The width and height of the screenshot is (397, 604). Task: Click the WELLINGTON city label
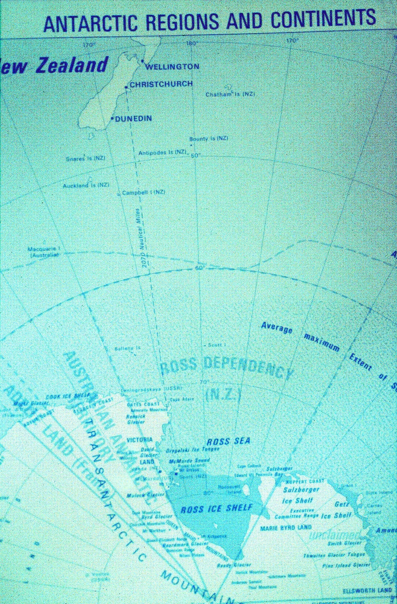click(172, 67)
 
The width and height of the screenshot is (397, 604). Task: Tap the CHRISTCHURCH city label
click(161, 84)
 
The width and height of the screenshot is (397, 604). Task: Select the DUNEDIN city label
click(133, 118)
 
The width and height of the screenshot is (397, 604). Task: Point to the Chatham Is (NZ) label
click(230, 94)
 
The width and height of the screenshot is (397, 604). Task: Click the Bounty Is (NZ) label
click(209, 138)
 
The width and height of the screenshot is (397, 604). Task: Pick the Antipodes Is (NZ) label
click(163, 152)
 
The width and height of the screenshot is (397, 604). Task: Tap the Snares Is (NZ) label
click(85, 158)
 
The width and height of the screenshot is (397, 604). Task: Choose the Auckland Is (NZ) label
click(86, 185)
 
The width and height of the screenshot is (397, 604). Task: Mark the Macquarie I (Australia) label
click(44, 252)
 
